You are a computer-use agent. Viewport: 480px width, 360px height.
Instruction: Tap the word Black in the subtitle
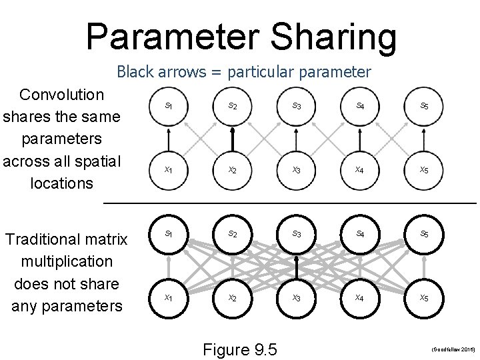coord(135,71)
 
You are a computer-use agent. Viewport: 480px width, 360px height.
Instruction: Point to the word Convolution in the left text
coord(62,95)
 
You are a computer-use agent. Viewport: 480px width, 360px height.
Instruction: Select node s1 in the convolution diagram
coord(169,106)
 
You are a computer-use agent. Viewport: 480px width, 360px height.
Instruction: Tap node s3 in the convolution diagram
coord(297,106)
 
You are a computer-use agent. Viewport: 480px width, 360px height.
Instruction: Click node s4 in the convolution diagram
coord(360,106)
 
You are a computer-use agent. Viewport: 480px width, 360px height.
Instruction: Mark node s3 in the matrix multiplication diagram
coord(297,235)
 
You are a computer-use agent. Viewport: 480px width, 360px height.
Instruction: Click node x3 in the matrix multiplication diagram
coord(297,298)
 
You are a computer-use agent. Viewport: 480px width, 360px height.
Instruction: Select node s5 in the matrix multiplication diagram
coord(424,235)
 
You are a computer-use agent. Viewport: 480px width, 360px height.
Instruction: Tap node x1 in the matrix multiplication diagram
coord(169,298)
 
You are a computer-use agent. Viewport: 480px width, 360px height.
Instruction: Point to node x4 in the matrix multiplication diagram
coord(360,298)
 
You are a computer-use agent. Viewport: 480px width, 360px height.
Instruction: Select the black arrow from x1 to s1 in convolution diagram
coord(169,138)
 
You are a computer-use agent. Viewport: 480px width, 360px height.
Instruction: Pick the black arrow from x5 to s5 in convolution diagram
coord(424,138)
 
